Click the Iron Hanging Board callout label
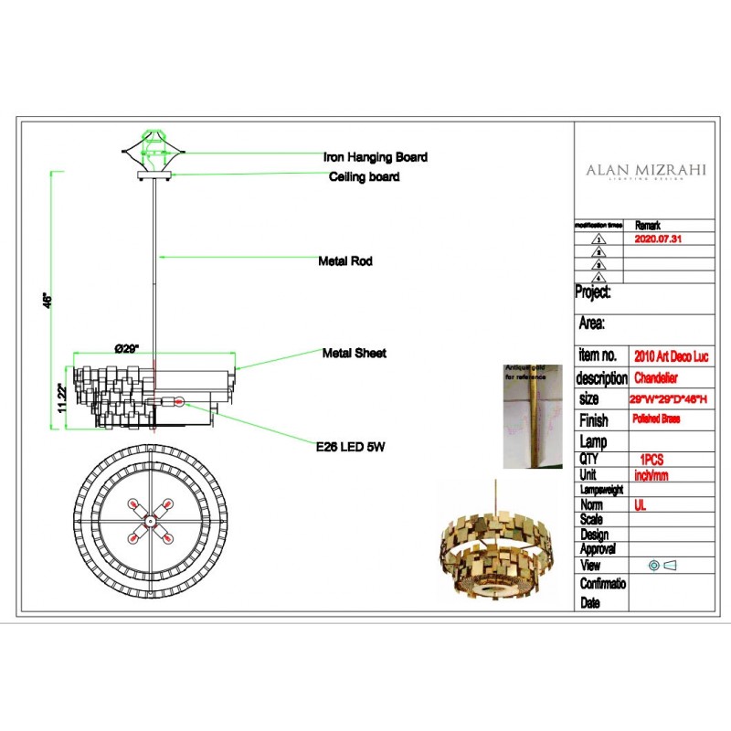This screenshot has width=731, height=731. click(375, 157)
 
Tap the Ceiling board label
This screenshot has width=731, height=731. click(364, 177)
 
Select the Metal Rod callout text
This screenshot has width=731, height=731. click(344, 261)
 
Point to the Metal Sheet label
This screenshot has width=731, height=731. click(354, 353)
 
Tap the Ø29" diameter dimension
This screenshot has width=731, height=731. click(125, 349)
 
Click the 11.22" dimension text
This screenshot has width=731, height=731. click(61, 397)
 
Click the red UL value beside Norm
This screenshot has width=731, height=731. click(639, 504)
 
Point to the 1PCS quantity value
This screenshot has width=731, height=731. click(651, 460)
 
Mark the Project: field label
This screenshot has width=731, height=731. click(593, 292)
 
